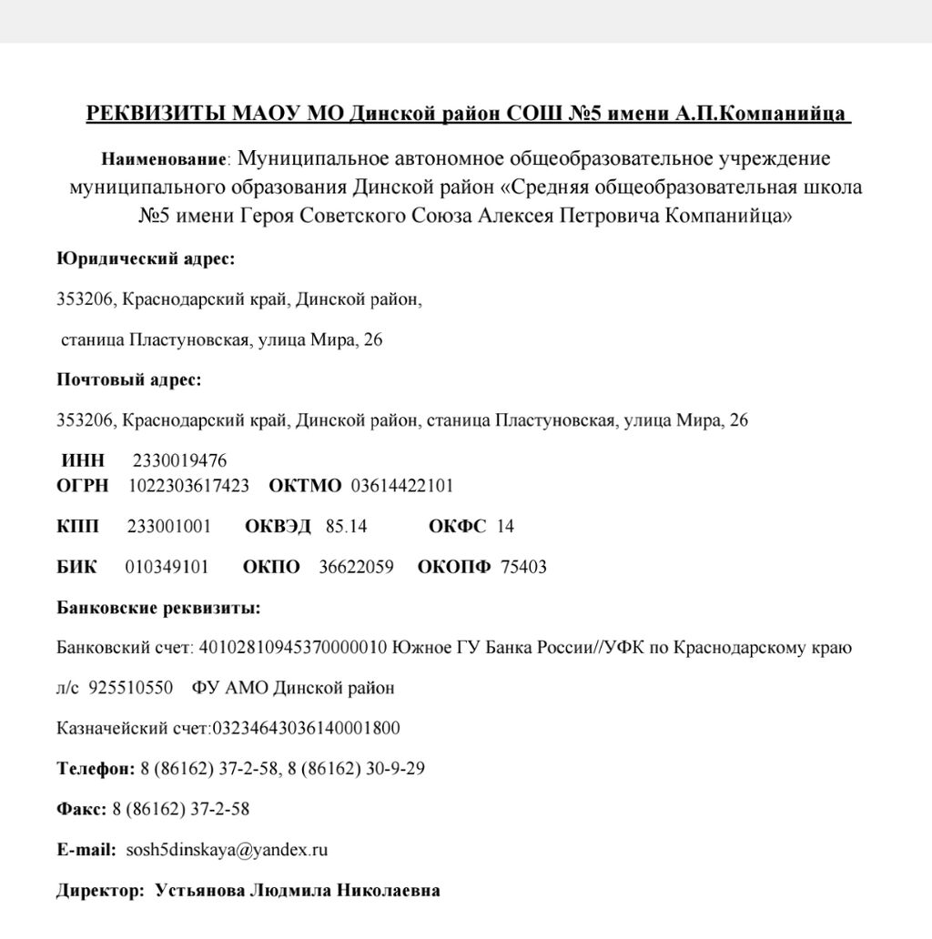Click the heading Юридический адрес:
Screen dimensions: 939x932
pyautogui.click(x=146, y=259)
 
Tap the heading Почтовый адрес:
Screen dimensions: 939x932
pyautogui.click(x=129, y=379)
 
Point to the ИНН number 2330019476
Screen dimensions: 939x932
pyautogui.click(x=180, y=460)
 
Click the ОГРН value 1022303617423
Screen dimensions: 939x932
pyautogui.click(x=189, y=486)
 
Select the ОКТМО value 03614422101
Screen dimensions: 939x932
pyautogui.click(x=402, y=486)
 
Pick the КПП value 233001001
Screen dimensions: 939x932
pyautogui.click(x=169, y=526)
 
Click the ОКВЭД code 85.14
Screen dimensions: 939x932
pyautogui.click(x=346, y=526)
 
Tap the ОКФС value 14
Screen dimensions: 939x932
pyautogui.click(x=506, y=526)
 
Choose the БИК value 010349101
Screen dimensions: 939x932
pyautogui.click(x=167, y=567)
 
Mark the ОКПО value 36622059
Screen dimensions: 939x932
pyautogui.click(x=356, y=567)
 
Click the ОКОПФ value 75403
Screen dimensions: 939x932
pyautogui.click(x=524, y=567)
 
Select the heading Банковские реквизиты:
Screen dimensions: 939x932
pyautogui.click(x=158, y=607)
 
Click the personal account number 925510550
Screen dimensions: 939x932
pyautogui.click(x=131, y=688)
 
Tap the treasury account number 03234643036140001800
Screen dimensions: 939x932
pyautogui.click(x=306, y=729)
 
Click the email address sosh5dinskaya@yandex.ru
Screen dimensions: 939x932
pyautogui.click(x=227, y=851)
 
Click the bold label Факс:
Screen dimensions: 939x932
pyautogui.click(x=82, y=810)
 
